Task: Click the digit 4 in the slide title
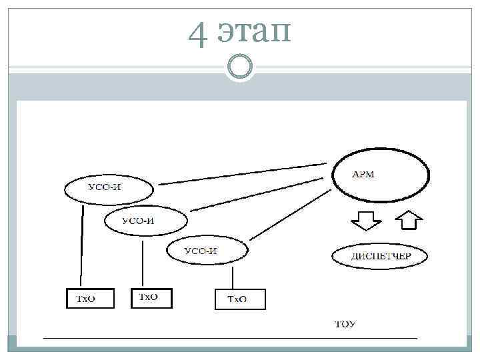tap(197, 33)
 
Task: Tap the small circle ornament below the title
tap(239, 67)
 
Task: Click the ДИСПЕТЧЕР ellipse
tap(380, 255)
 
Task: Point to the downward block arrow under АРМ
tap(366, 221)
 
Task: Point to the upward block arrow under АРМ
tap(408, 221)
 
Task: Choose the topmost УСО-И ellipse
tap(108, 187)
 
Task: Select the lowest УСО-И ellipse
tap(207, 251)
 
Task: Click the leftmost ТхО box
tap(90, 298)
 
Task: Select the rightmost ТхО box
tap(240, 299)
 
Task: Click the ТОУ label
tap(344, 325)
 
